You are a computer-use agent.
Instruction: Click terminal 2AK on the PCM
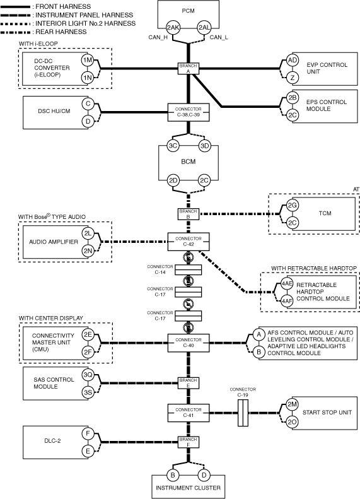pyautogui.click(x=173, y=28)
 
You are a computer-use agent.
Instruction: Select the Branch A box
pyautogui.click(x=189, y=69)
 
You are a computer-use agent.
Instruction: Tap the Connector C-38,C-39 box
pyautogui.click(x=189, y=112)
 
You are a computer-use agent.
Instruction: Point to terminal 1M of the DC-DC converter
pyautogui.click(x=88, y=60)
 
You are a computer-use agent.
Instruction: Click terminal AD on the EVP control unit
pyautogui.click(x=293, y=60)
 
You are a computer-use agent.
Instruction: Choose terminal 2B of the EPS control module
pyautogui.click(x=293, y=98)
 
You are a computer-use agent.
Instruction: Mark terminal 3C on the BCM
pyautogui.click(x=173, y=146)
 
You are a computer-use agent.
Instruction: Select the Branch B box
pyautogui.click(x=189, y=214)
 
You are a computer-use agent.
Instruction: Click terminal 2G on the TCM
pyautogui.click(x=293, y=205)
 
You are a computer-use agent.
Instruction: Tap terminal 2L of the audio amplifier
pyautogui.click(x=88, y=233)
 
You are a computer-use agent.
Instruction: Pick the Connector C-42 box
pyautogui.click(x=189, y=242)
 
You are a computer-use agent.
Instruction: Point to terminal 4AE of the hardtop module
pyautogui.click(x=287, y=283)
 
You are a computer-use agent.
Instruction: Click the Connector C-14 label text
pyautogui.click(x=160, y=269)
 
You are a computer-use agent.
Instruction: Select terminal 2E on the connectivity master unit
pyautogui.click(x=88, y=334)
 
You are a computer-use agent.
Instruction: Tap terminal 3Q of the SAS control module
pyautogui.click(x=88, y=375)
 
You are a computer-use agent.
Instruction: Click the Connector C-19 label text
pyautogui.click(x=243, y=392)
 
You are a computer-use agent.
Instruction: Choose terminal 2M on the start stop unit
pyautogui.click(x=292, y=404)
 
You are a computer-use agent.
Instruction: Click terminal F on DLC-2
pyautogui.click(x=88, y=433)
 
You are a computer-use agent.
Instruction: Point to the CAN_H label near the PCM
pyautogui.click(x=158, y=38)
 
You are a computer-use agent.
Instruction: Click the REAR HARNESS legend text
pyautogui.click(x=61, y=32)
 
